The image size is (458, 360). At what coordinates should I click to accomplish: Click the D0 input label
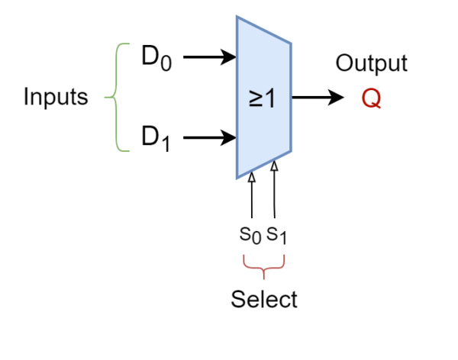[x=156, y=58]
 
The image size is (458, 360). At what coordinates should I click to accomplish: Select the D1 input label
[x=156, y=139]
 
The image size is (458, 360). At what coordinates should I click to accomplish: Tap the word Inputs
[x=56, y=97]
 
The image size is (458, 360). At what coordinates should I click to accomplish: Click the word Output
[x=372, y=63]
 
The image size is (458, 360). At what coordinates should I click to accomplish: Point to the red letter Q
[x=371, y=98]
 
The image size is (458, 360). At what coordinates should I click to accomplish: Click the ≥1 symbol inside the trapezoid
[x=262, y=98]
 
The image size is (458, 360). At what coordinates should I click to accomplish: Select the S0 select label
[x=250, y=236]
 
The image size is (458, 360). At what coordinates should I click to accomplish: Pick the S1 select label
[x=276, y=236]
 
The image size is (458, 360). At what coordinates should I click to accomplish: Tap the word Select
[x=264, y=299]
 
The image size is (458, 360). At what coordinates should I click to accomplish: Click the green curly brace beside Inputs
[x=117, y=97]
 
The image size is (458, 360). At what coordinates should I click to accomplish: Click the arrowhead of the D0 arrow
[x=228, y=57]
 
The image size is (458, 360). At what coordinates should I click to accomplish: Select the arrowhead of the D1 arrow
[x=228, y=137]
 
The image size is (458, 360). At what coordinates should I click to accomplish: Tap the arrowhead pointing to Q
[x=336, y=97]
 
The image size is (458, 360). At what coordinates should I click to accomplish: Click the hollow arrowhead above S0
[x=252, y=177]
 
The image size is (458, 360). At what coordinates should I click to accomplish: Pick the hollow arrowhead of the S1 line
[x=274, y=166]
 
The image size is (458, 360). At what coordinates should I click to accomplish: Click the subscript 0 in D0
[x=166, y=63]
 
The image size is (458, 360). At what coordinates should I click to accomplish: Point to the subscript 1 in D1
[x=166, y=144]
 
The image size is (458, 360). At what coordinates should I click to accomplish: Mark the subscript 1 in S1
[x=282, y=238]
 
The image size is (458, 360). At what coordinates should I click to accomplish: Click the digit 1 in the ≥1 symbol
[x=270, y=98]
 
